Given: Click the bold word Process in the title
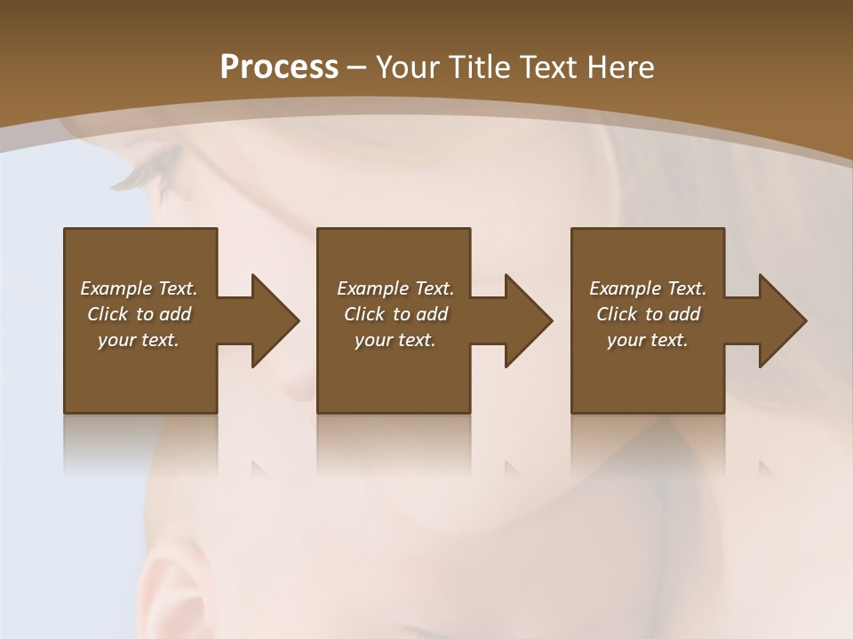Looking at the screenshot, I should pos(279,67).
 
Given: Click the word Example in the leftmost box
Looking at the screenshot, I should pos(115,288).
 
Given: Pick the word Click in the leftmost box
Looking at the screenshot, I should pos(108,314).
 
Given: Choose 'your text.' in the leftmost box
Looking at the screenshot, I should pos(139,340).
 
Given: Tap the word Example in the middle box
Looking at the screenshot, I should pos(371,288).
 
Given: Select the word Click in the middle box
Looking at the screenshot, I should pos(364,314).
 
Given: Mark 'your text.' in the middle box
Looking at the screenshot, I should pos(395,340).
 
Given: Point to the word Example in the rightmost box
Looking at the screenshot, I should pos(624,288).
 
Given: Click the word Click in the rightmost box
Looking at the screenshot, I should pos(617,314).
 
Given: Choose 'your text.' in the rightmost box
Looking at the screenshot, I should pos(648,340).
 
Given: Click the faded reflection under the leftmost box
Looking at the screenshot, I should pos(140,444).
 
